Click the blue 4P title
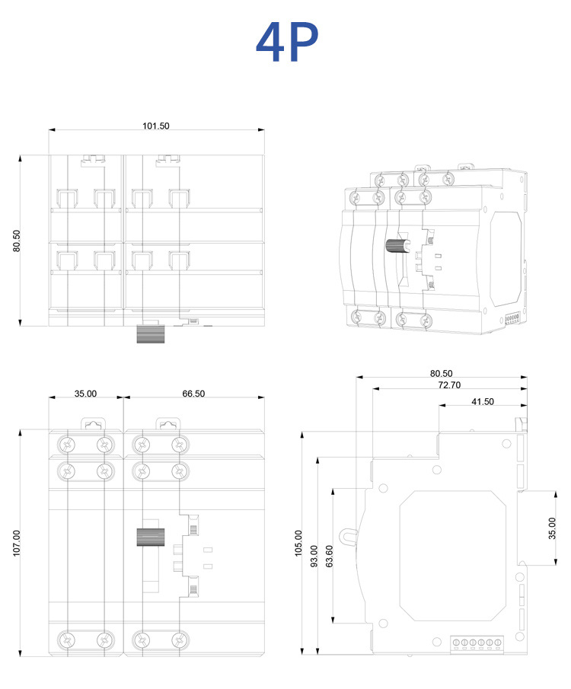[x=286, y=43]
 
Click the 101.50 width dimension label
[x=156, y=126]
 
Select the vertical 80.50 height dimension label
[x=17, y=241]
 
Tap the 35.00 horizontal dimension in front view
[x=85, y=394]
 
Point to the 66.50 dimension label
[x=193, y=394]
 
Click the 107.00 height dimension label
[x=17, y=543]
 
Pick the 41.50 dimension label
[x=482, y=401]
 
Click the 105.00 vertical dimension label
[x=298, y=543]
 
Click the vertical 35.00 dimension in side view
[x=552, y=528]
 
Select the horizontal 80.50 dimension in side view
[x=442, y=373]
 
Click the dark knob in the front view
[x=150, y=537]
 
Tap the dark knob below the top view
[x=150, y=334]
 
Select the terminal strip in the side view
[x=477, y=643]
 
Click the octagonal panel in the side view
[x=451, y=553]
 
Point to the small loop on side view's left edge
[x=349, y=537]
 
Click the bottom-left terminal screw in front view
[x=69, y=640]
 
